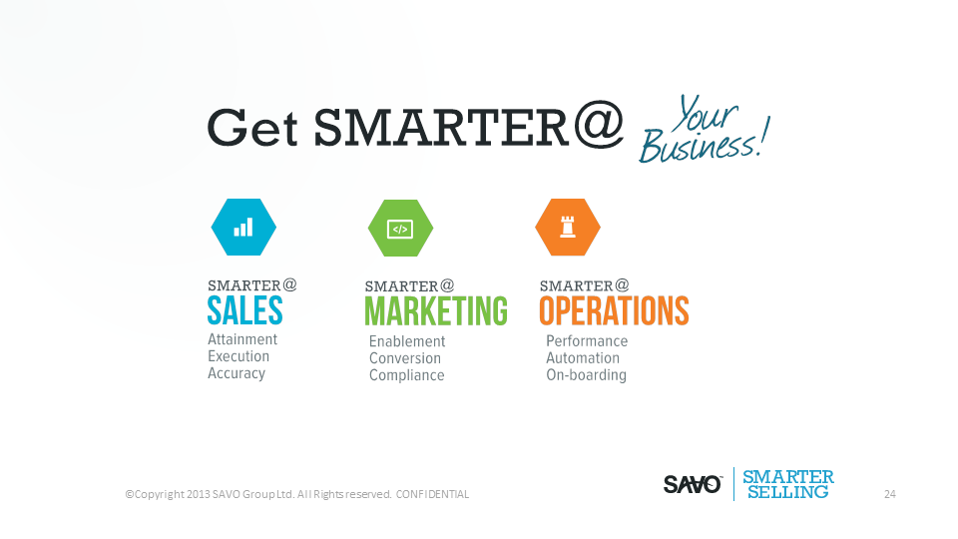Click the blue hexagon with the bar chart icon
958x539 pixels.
click(x=243, y=228)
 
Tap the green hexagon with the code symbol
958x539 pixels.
click(x=401, y=228)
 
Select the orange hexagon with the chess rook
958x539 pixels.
click(x=568, y=228)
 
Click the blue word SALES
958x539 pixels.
click(x=245, y=310)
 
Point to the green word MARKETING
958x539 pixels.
click(x=436, y=311)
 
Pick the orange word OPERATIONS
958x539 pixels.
click(x=614, y=310)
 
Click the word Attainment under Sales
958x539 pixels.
click(x=242, y=339)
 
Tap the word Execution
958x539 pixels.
click(x=239, y=356)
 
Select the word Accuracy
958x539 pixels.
click(x=237, y=373)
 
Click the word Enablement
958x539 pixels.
click(x=407, y=341)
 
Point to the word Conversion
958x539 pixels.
click(x=404, y=358)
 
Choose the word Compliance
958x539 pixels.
click(x=406, y=375)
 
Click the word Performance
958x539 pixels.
click(x=587, y=341)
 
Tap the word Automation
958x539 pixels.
click(x=582, y=358)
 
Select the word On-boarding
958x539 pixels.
click(x=586, y=374)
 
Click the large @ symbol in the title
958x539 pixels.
click(x=599, y=125)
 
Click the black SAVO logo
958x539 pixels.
click(x=693, y=485)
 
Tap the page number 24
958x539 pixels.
click(x=889, y=494)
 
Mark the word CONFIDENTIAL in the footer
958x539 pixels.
click(x=432, y=494)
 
